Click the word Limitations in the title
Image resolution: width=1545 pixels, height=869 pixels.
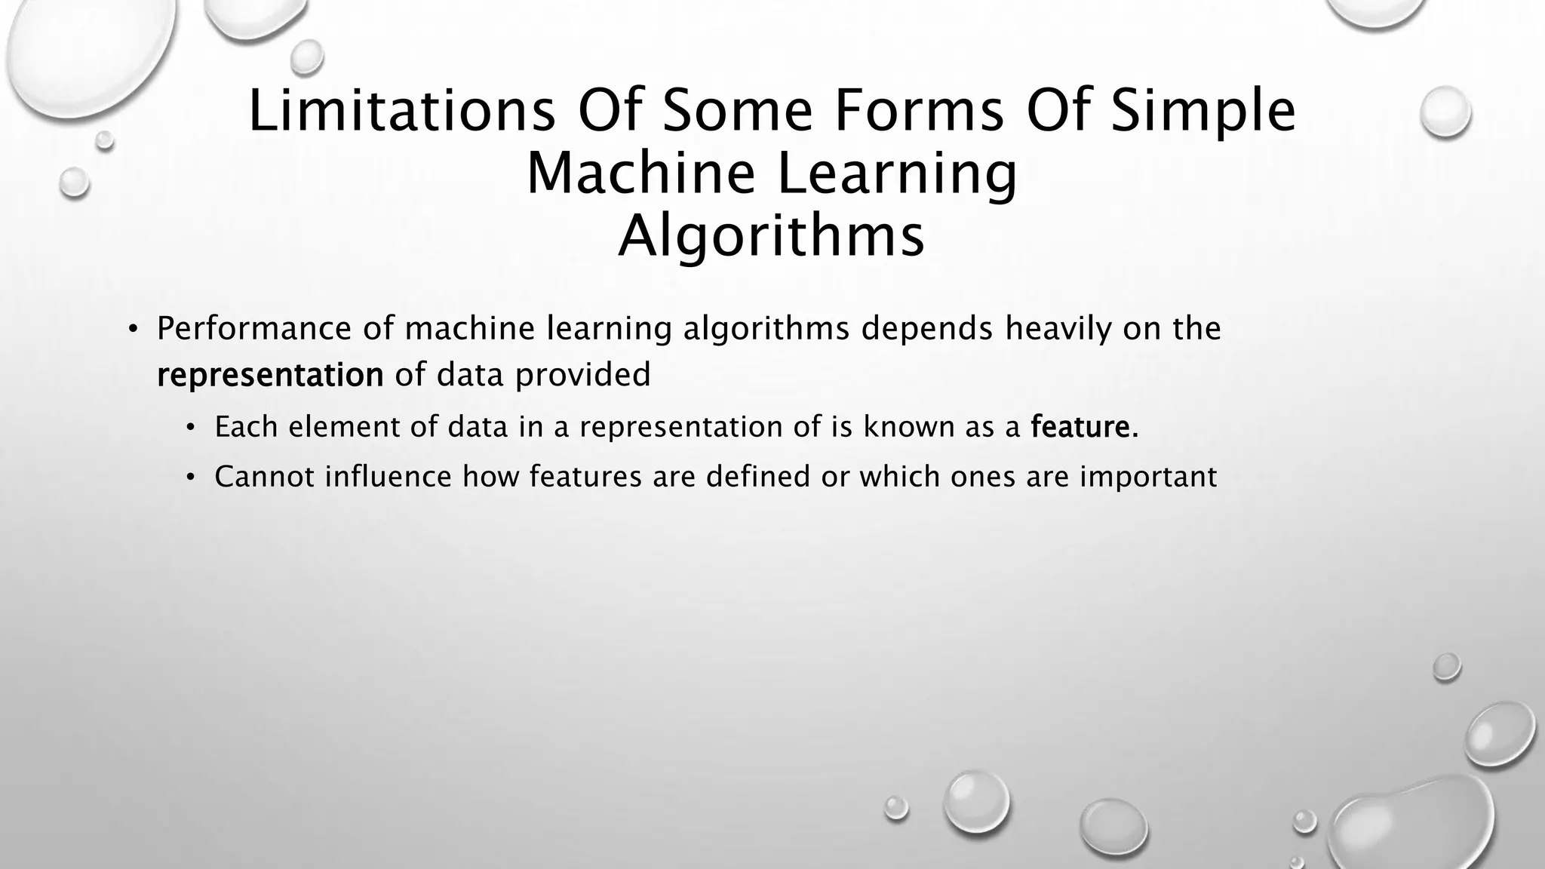(x=402, y=111)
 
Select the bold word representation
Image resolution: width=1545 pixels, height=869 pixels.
(x=270, y=375)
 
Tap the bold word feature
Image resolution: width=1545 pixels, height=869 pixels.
(x=1084, y=427)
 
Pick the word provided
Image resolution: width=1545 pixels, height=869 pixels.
(x=582, y=375)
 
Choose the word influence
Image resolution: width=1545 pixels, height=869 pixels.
(x=388, y=477)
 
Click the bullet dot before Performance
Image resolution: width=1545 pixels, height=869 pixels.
(x=133, y=330)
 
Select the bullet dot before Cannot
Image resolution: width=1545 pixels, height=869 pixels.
(x=191, y=477)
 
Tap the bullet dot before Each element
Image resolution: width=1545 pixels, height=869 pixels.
(x=191, y=428)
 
